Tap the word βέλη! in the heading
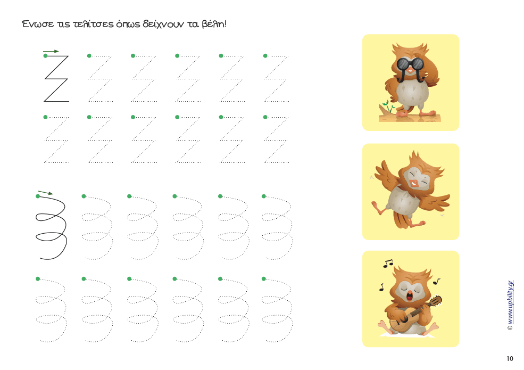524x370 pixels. (x=214, y=24)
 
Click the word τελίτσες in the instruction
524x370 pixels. (x=93, y=24)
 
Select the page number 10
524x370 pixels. (x=510, y=359)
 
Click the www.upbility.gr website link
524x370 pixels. (x=510, y=302)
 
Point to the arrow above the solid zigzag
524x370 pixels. (x=51, y=51)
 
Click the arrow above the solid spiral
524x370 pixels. (x=45, y=192)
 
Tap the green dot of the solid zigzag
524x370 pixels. (x=45, y=56)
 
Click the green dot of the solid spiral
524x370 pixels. (x=38, y=196)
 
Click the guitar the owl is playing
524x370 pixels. (x=415, y=313)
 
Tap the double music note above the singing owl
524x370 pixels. (x=388, y=264)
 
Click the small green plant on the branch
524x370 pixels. (x=388, y=106)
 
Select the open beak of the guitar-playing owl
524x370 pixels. (x=410, y=295)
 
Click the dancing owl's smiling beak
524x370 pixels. (x=414, y=183)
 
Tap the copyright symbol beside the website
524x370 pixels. (x=510, y=328)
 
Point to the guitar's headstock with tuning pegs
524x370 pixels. (x=436, y=301)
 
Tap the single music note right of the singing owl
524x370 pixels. (x=436, y=281)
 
